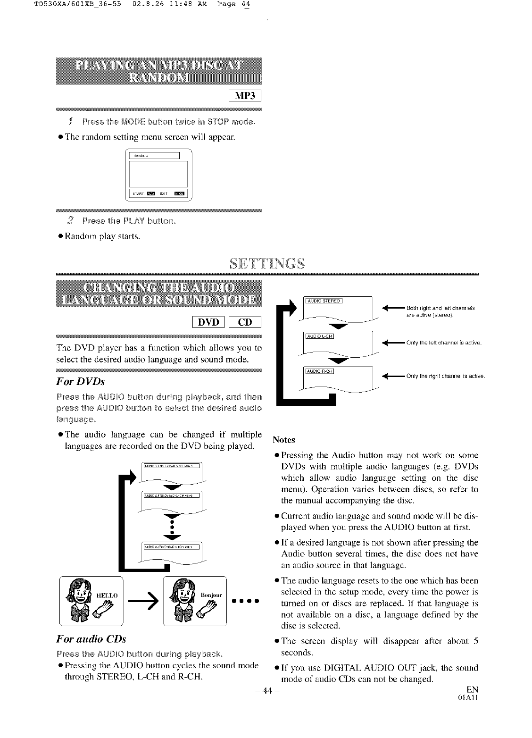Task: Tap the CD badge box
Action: [245, 322]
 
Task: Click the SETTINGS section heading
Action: [267, 262]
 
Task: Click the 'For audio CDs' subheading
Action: [91, 639]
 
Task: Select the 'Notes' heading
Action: [284, 440]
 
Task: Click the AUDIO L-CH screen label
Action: [320, 336]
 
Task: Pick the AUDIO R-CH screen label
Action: [320, 370]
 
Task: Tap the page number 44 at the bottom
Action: [267, 691]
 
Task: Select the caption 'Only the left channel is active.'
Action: [443, 343]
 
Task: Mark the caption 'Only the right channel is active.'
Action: [445, 376]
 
